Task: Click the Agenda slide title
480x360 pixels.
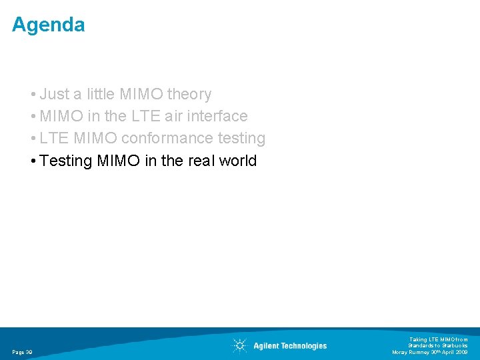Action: pos(48,25)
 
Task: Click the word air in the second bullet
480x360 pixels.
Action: pos(171,116)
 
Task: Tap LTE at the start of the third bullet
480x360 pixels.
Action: pos(53,138)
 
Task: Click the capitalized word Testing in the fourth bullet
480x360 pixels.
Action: pos(66,161)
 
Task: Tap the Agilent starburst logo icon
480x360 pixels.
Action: pos(239,345)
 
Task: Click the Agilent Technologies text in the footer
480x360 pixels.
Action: pos(290,345)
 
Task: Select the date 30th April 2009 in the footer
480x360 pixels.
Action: pos(448,352)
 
